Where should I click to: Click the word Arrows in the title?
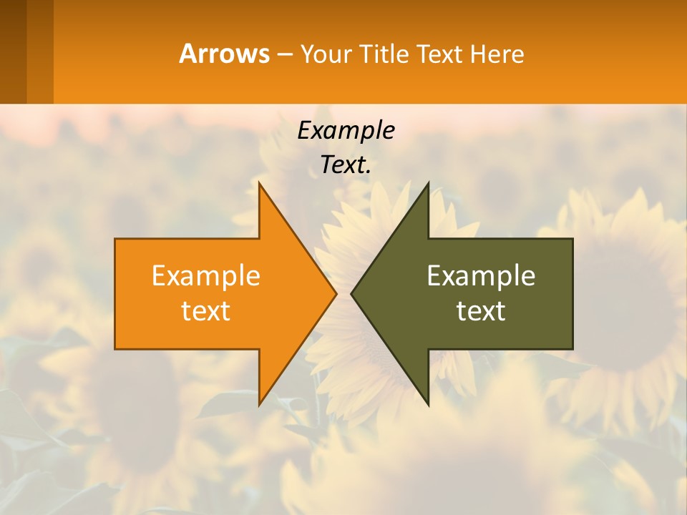tap(223, 54)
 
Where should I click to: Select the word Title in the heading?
tap(387, 54)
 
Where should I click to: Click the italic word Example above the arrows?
tap(346, 131)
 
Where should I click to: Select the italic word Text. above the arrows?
tap(346, 165)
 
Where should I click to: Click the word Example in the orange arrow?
tap(206, 276)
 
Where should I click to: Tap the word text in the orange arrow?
tap(206, 311)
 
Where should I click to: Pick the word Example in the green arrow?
tap(481, 276)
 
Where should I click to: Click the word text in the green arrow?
tap(481, 311)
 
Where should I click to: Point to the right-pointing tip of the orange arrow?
tap(335, 293)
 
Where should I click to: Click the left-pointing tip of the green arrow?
tap(352, 293)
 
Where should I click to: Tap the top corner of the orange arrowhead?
tap(260, 185)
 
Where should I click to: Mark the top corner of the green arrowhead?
tap(427, 185)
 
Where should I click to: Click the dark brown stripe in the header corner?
tap(13, 51)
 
